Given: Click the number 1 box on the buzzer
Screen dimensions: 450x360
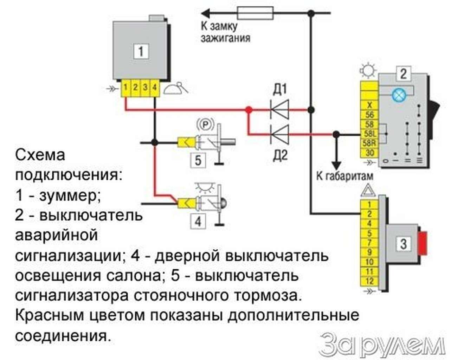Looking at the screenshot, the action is click(141, 51).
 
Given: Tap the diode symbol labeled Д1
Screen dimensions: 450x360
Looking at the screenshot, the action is click(280, 110).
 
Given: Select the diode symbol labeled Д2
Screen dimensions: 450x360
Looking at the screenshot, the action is click(280, 134).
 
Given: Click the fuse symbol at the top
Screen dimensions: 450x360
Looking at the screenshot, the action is click(256, 13).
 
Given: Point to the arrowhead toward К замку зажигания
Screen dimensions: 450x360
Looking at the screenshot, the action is click(206, 13).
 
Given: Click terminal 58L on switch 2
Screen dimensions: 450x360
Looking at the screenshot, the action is click(369, 134).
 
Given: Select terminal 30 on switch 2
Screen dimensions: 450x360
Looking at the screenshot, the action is click(369, 153).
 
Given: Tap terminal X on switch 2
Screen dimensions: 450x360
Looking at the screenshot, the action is click(369, 105).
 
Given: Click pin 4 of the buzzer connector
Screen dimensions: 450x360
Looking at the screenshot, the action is click(154, 87).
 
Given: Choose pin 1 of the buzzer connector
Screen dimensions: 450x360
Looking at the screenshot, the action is click(126, 87).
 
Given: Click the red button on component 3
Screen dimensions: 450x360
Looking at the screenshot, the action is click(423, 243).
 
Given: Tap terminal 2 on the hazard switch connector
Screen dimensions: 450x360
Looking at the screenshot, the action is click(369, 214).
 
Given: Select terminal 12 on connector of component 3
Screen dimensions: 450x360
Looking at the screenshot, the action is click(369, 281).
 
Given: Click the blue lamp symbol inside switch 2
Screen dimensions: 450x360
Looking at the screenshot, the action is click(398, 95).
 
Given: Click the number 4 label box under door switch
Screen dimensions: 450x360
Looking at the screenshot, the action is click(198, 222).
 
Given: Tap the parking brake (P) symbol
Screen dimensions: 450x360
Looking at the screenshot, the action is click(206, 124).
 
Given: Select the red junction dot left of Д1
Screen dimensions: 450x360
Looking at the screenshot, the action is click(249, 110).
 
